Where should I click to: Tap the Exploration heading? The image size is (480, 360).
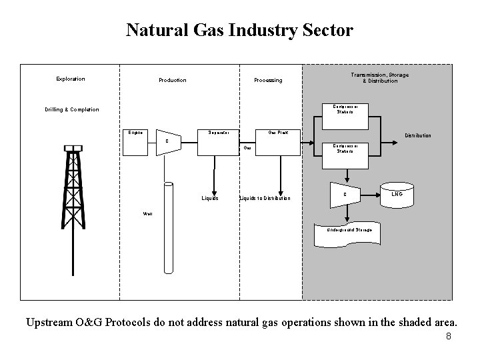point(71,79)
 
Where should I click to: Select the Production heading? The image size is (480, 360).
point(173,81)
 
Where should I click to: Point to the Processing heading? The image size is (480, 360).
point(268,81)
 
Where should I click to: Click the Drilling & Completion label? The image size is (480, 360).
point(72,109)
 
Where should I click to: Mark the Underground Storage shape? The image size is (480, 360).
point(349,229)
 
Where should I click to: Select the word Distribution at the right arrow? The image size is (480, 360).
point(417,135)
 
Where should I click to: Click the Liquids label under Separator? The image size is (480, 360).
point(210,198)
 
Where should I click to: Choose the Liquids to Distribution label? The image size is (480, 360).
point(265,198)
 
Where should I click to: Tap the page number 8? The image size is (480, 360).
point(449,336)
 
